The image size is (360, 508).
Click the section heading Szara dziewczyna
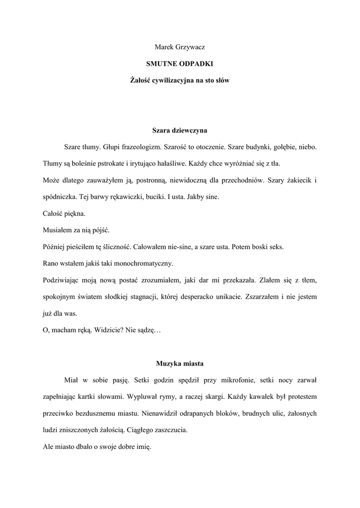(179, 131)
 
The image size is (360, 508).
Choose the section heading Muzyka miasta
(180, 364)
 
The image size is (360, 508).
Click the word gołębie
(285, 147)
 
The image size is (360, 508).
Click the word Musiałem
(57, 230)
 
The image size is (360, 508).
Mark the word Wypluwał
(143, 397)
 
